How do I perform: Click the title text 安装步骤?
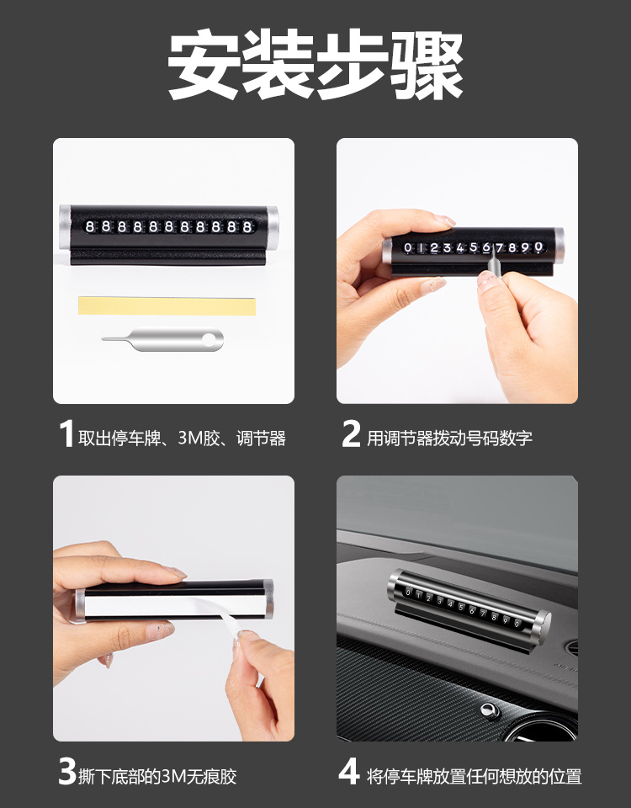(x=315, y=65)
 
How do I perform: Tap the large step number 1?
(x=66, y=433)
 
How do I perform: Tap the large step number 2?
(x=352, y=433)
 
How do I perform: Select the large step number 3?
(x=67, y=772)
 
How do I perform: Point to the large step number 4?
(x=349, y=772)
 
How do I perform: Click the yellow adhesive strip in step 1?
(x=167, y=306)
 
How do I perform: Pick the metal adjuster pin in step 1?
(x=162, y=339)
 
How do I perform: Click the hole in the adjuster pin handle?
(x=209, y=339)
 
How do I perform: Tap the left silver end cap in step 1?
(x=65, y=227)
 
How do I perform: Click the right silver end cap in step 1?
(x=273, y=227)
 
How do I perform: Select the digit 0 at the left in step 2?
(x=408, y=247)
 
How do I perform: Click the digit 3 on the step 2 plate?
(x=447, y=247)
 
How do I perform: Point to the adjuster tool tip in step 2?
(x=493, y=247)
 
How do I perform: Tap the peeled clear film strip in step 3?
(x=229, y=619)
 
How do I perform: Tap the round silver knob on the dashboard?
(x=490, y=711)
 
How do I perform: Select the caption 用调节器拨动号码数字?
(x=449, y=438)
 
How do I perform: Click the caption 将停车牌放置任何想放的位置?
(x=475, y=776)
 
